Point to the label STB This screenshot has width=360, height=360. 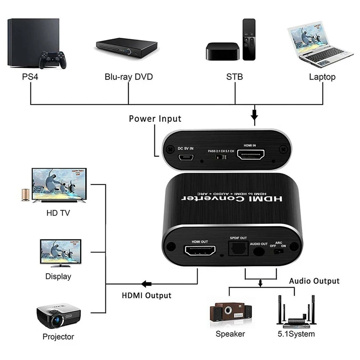pos(234,77)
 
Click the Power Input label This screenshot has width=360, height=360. pos(155,119)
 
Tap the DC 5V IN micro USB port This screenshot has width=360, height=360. pos(185,159)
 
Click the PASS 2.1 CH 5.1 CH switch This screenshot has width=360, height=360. pos(219,158)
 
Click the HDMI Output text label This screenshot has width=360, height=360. pos(146,296)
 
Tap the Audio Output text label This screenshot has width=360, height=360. pos(314,281)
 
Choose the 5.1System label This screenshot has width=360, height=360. pos(296,334)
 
